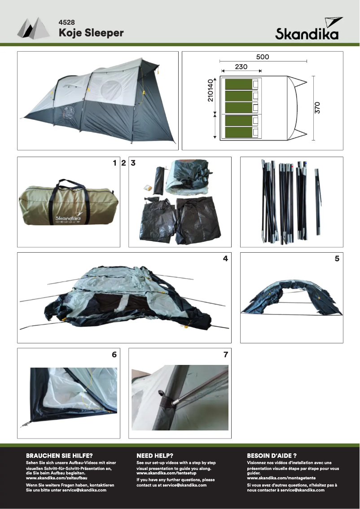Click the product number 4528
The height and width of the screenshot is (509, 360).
66,22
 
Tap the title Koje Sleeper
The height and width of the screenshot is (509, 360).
91,33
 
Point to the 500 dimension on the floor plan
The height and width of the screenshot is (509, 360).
263,57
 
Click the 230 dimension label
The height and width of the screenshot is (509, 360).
241,66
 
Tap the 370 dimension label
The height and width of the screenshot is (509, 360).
317,108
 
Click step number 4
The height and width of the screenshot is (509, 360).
225,259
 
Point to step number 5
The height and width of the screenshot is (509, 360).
337,259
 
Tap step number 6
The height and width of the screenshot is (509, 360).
114,355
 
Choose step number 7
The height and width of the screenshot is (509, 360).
225,355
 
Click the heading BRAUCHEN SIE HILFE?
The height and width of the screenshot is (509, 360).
59,455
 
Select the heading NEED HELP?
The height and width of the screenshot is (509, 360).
155,455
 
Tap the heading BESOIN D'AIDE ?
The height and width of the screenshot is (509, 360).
272,455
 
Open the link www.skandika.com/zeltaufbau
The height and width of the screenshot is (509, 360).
57,478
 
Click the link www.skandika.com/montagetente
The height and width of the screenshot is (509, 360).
281,478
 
